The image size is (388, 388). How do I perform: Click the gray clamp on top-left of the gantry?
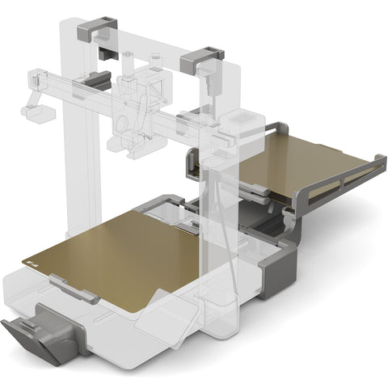(x=96, y=31)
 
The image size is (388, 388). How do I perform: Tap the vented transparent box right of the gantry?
(x=242, y=122)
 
